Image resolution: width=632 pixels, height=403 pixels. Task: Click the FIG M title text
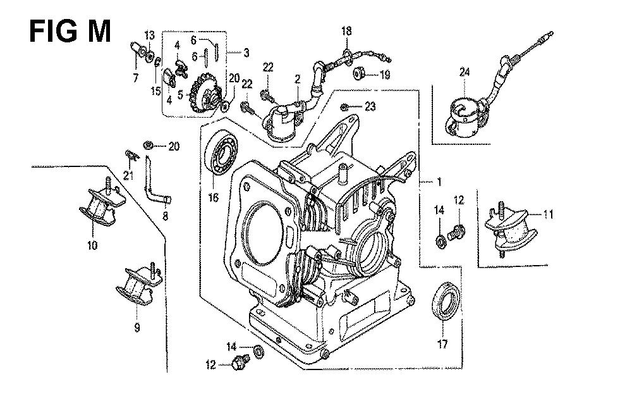[70, 30]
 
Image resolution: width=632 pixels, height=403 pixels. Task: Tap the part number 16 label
[213, 198]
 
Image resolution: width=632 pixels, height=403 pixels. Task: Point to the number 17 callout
[442, 345]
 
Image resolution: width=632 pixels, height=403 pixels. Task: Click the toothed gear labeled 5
[208, 96]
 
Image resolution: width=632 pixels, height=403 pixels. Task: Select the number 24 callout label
[465, 73]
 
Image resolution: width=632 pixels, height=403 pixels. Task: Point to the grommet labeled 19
[360, 74]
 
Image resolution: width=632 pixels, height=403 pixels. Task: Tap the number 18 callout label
[346, 31]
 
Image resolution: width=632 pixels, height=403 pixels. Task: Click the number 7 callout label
[135, 78]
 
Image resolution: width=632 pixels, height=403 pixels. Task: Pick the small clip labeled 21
[130, 154]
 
